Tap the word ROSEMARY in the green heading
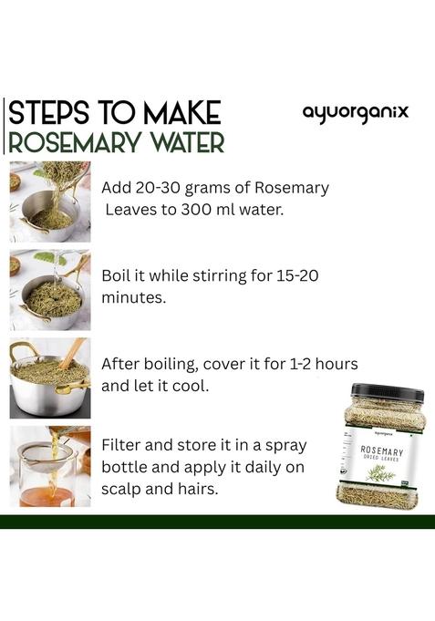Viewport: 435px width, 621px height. coord(74,143)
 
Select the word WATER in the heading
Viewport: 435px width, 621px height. coord(181,143)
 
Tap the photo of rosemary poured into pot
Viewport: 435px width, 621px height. coord(49,202)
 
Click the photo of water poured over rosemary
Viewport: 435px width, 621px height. coord(49,290)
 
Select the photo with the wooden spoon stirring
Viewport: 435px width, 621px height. coord(49,378)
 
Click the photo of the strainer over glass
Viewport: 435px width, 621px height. coord(49,467)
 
